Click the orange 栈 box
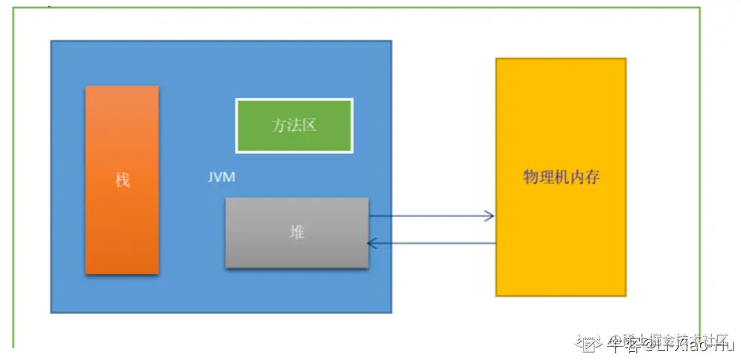click(122, 179)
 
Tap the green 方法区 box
click(294, 125)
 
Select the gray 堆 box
click(297, 233)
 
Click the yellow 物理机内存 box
click(561, 177)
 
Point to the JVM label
click(222, 179)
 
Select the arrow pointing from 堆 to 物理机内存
click(432, 216)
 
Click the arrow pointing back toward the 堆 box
click(432, 242)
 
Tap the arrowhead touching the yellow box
click(489, 216)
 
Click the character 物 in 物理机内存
click(530, 178)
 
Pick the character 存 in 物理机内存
click(593, 178)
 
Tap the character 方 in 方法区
click(278, 125)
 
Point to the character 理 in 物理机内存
click(546, 178)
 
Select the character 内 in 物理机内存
click(577, 178)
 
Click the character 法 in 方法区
click(294, 125)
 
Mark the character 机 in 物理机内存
click(562, 178)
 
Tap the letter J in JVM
click(211, 179)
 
